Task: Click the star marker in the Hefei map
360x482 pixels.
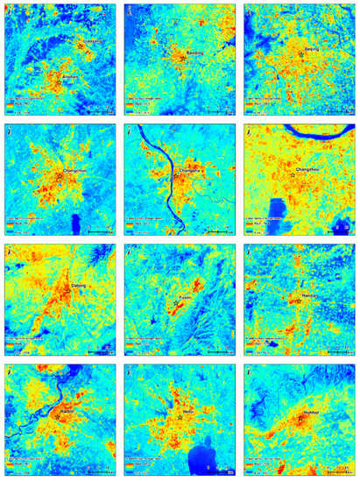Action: click(x=180, y=417)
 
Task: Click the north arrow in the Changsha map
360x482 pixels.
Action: click(x=130, y=132)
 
